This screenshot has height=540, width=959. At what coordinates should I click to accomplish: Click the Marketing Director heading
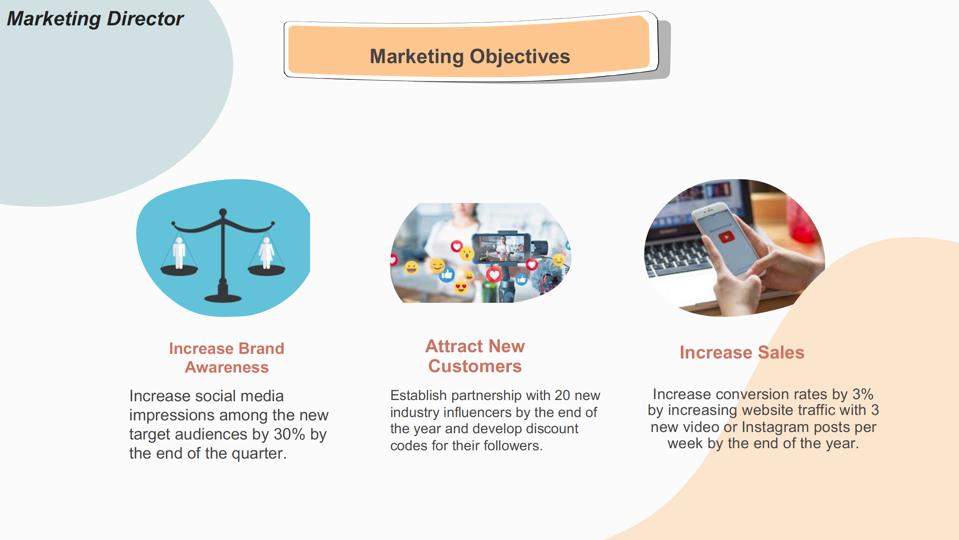[95, 19]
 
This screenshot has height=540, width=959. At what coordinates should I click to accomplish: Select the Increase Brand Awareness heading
[227, 358]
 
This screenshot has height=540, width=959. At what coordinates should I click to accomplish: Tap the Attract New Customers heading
[475, 356]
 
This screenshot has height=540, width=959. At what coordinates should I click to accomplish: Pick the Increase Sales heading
[742, 352]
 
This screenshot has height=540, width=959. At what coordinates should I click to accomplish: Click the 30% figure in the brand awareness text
[289, 434]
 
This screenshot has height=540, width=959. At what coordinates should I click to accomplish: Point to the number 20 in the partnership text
[562, 395]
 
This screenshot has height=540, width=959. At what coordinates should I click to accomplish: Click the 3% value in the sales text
[863, 394]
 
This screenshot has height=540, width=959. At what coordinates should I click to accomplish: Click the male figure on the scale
[179, 253]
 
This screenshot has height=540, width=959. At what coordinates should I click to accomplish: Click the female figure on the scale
[267, 253]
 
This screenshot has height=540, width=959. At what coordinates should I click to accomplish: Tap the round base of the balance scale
[223, 298]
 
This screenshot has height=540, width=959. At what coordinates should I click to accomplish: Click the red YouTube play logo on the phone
[726, 237]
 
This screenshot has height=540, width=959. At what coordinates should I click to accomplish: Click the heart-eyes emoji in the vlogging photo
[461, 286]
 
